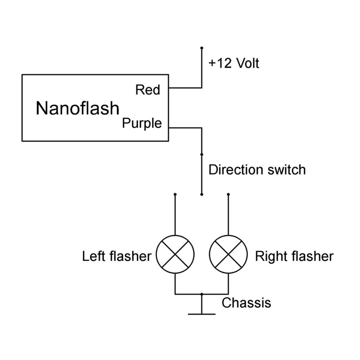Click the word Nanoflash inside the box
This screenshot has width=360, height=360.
(x=78, y=108)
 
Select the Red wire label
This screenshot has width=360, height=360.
(x=148, y=90)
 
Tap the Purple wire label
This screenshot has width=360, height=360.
(x=142, y=123)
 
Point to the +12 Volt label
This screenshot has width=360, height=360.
(x=234, y=63)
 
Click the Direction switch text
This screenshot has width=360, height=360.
(x=257, y=170)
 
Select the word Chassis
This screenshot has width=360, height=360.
(x=246, y=303)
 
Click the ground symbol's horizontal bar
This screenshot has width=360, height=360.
(x=202, y=313)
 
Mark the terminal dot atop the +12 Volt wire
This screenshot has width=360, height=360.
(x=202, y=47)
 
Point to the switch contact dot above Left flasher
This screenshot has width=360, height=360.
(x=175, y=194)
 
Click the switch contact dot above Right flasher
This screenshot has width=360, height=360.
(x=229, y=194)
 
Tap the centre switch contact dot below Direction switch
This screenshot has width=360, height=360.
(x=202, y=194)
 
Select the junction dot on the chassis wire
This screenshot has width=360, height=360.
(x=202, y=294)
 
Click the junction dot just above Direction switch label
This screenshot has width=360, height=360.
(x=202, y=153)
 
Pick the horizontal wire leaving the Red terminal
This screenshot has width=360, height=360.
(x=185, y=88)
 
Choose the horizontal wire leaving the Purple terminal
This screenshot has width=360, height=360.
(x=185, y=128)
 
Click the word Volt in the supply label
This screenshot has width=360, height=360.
(x=247, y=63)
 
